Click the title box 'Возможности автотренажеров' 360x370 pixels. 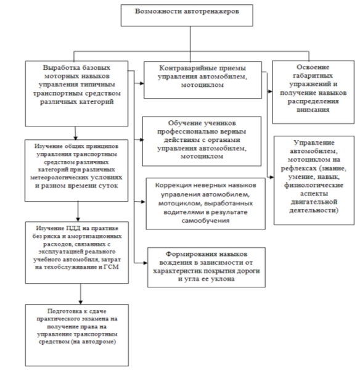(187, 15)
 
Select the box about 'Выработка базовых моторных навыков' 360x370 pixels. (76, 94)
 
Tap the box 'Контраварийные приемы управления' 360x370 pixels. (203, 80)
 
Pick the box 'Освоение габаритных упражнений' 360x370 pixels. (313, 92)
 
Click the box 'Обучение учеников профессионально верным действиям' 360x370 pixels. (202, 141)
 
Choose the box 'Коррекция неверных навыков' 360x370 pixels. (205, 203)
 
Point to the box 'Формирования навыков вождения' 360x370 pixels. (207, 267)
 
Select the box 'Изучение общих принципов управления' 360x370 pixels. (76, 170)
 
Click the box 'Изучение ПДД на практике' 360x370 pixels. (77, 252)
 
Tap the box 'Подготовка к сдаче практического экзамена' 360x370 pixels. (77, 335)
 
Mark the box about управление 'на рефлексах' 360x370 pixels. (314, 180)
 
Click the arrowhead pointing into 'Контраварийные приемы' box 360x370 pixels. (142, 83)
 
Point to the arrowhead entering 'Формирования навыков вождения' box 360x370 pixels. (145, 263)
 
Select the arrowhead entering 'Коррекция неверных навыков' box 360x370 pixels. (143, 202)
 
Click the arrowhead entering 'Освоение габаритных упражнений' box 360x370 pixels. (271, 91)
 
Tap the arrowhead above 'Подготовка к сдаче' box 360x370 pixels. (81, 302)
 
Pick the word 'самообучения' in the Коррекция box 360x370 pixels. (205, 221)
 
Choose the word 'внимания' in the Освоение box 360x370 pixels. (313, 110)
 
